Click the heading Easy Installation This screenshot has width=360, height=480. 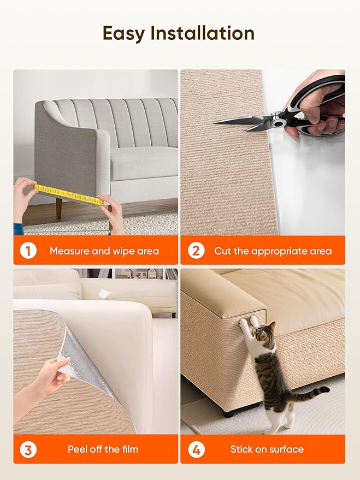click(x=178, y=34)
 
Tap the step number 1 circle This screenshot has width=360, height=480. click(x=28, y=251)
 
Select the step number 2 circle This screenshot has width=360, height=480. click(x=195, y=251)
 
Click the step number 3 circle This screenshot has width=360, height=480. click(x=28, y=449)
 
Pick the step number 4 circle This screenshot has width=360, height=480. click(x=195, y=449)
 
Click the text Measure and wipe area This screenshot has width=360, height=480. click(x=104, y=251)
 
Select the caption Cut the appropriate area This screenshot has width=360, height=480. click(x=273, y=251)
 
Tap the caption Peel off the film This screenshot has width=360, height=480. click(x=103, y=449)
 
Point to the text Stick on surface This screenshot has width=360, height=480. click(x=267, y=449)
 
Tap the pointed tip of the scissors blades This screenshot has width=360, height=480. click(x=215, y=122)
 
